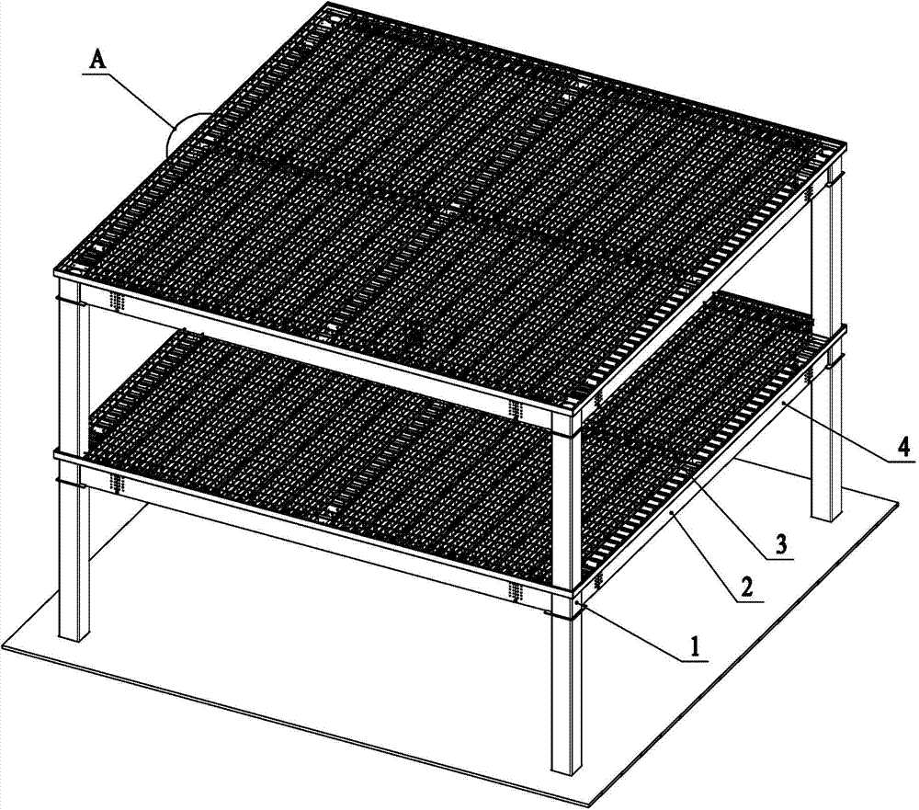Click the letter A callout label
coord(98,61)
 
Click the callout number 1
coord(695,647)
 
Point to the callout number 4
coord(903,448)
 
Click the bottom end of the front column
coord(566,770)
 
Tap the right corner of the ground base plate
coord(899,501)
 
